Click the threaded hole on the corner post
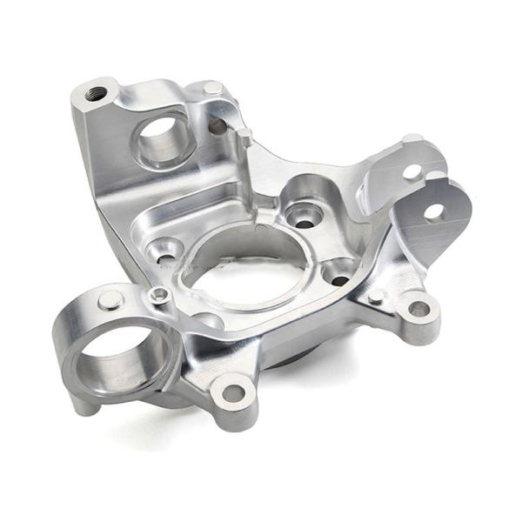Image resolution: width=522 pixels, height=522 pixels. [97, 93]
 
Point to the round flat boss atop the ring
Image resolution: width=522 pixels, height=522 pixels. [109, 301]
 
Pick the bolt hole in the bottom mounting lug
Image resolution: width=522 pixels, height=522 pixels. [232, 392]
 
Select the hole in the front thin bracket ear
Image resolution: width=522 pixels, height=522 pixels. [432, 211]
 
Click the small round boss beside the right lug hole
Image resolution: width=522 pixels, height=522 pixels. [376, 298]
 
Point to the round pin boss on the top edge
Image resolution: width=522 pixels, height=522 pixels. [212, 88]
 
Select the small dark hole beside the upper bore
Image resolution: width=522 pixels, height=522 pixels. [217, 127]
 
